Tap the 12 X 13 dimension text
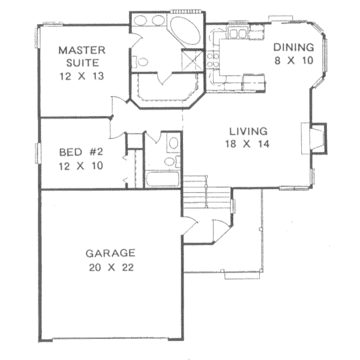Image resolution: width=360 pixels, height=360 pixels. [82, 76]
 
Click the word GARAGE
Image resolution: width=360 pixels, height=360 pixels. [110, 253]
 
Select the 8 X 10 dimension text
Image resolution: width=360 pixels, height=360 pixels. [294, 61]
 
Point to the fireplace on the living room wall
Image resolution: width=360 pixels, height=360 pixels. [316, 136]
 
